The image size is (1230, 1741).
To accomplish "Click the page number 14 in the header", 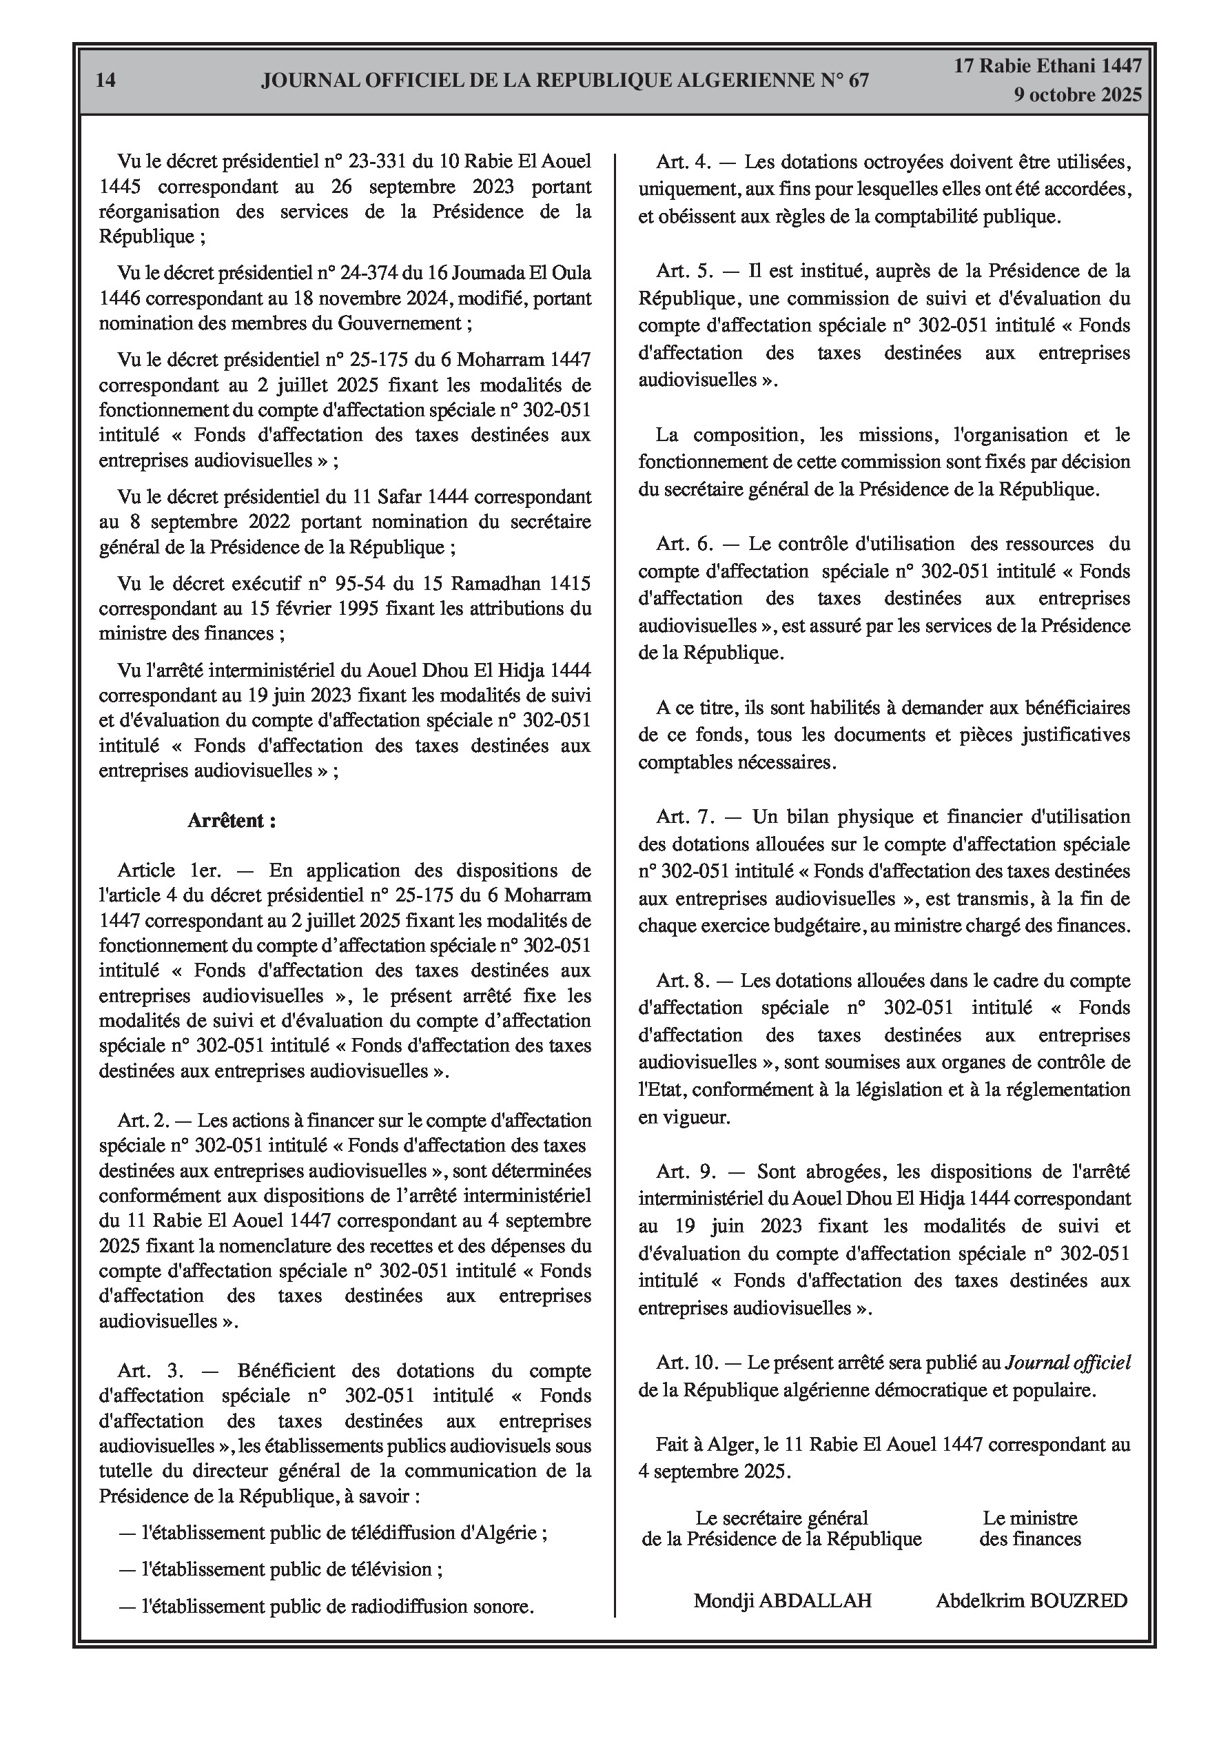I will coord(106,81).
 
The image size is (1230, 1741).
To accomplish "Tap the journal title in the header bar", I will coord(565,81).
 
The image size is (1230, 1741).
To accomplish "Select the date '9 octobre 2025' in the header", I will coord(1078,96).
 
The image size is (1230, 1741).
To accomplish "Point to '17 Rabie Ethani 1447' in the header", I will coord(1047,66).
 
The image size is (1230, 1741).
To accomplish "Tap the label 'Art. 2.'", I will coord(143,1121).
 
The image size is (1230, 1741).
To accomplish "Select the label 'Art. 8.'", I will coord(682,981).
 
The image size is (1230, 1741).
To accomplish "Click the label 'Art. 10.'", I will coord(687,1363).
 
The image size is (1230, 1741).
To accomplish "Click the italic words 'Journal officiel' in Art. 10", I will coord(1067,1363).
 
